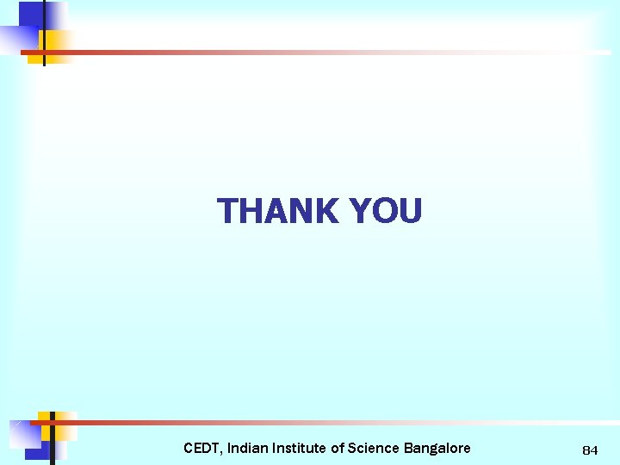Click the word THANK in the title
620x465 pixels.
(278, 211)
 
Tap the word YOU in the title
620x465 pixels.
(386, 211)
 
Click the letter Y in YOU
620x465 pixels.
(360, 211)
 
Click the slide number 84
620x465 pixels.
(590, 450)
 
